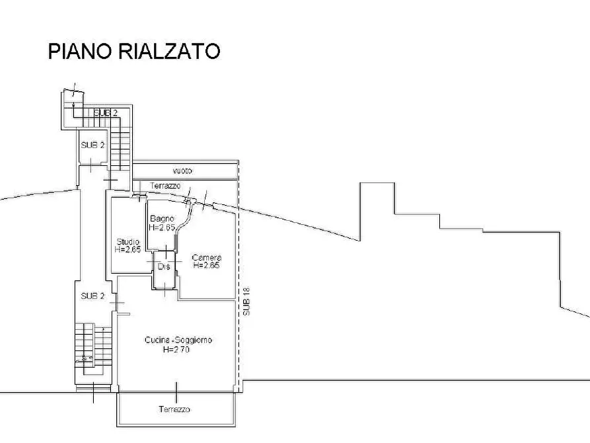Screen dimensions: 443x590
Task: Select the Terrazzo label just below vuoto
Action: click(x=165, y=186)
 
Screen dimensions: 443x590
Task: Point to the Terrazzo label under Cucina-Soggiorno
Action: click(x=174, y=409)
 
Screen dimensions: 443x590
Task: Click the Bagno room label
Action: click(x=161, y=219)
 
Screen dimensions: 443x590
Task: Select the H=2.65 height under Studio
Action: click(x=127, y=249)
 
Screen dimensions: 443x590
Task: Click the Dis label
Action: click(x=164, y=266)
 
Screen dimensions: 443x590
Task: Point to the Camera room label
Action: click(x=206, y=257)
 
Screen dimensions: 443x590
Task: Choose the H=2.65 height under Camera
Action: click(x=207, y=265)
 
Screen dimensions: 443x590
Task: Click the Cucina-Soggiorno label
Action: click(x=178, y=340)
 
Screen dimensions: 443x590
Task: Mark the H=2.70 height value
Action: click(x=176, y=349)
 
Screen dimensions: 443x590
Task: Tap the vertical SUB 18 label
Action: click(x=246, y=302)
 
